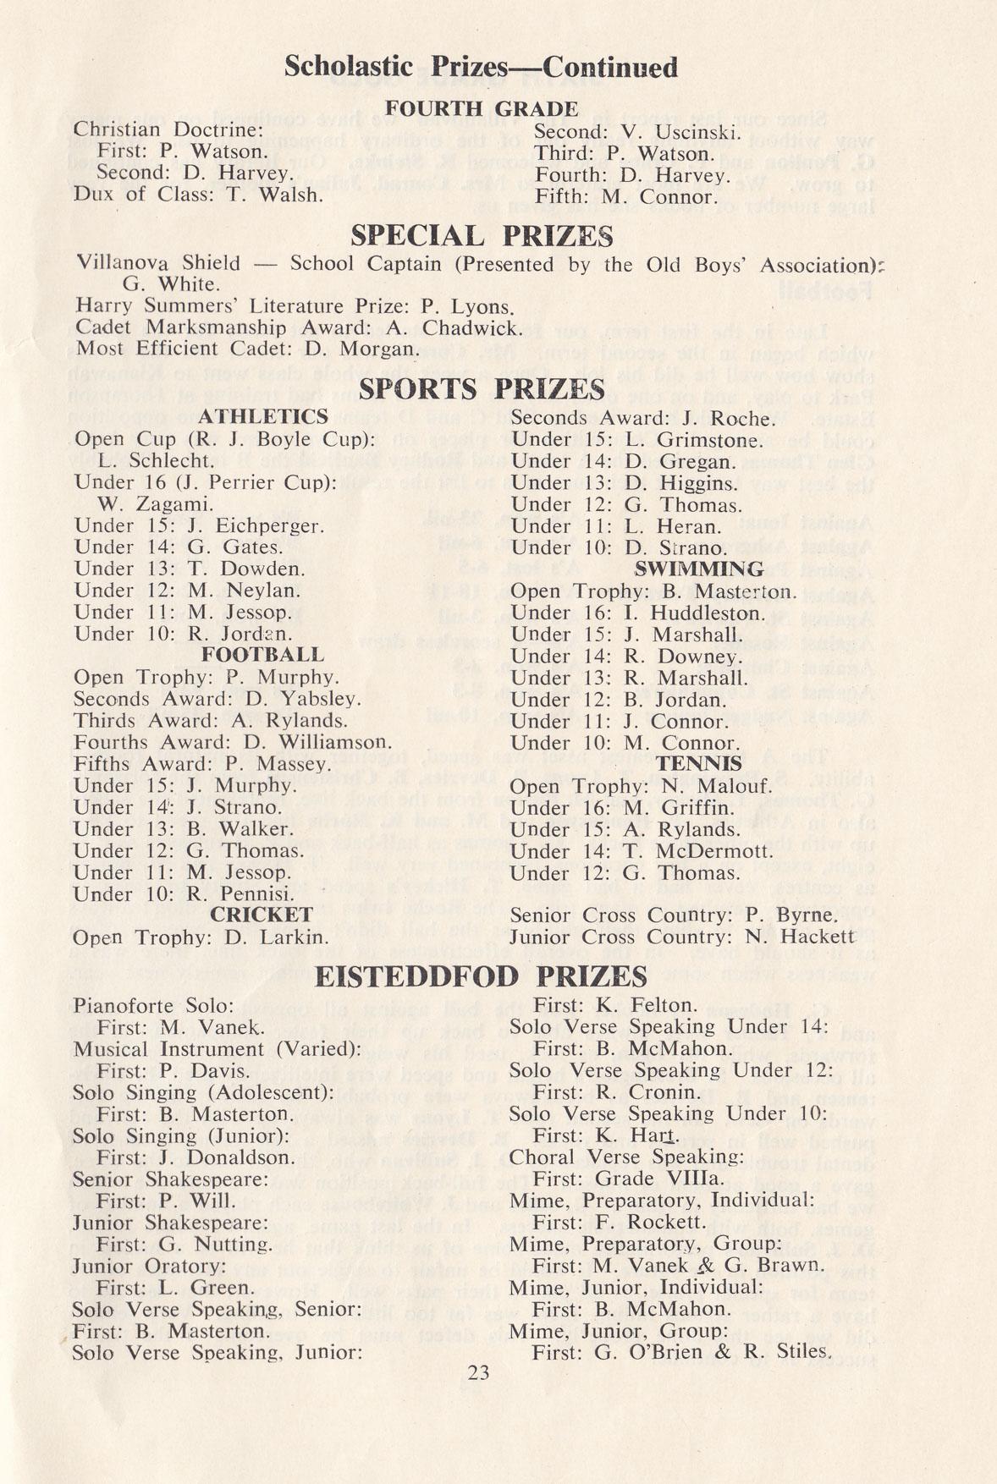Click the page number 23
pyautogui.click(x=478, y=1372)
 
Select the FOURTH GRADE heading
pyautogui.click(x=482, y=109)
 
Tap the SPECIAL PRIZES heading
pyautogui.click(x=482, y=234)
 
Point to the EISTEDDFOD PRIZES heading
pyautogui.click(x=481, y=977)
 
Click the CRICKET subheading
pyautogui.click(x=262, y=915)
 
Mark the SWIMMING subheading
pyautogui.click(x=698, y=569)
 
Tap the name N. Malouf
pyautogui.click(x=699, y=786)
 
